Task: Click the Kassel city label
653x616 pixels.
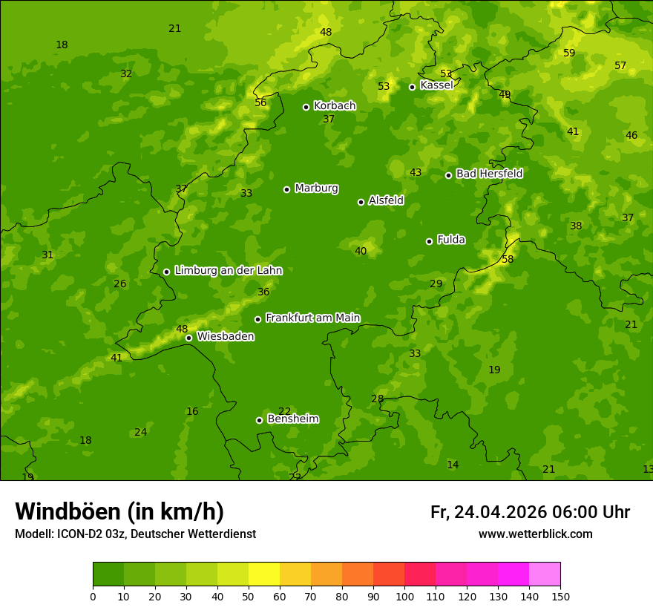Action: (x=436, y=85)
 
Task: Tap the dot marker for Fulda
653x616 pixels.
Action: (x=429, y=241)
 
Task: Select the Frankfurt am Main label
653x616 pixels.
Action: (x=312, y=318)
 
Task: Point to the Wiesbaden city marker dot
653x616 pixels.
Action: (x=188, y=338)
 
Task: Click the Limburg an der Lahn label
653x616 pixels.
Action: (x=228, y=270)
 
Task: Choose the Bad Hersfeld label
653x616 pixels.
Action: (x=489, y=174)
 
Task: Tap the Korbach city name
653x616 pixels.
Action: (x=335, y=105)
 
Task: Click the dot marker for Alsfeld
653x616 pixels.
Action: (x=361, y=202)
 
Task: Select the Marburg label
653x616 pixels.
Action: (x=316, y=188)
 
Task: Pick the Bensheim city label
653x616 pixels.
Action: (x=293, y=419)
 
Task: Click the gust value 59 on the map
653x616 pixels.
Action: (x=569, y=53)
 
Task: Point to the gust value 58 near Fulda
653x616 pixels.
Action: (x=508, y=259)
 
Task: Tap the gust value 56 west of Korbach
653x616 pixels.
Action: (x=260, y=102)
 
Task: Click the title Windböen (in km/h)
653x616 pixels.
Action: (x=119, y=511)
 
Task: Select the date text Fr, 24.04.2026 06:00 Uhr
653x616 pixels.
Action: (x=530, y=512)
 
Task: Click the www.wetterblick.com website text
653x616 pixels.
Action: (x=535, y=534)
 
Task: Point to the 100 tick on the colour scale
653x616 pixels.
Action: (x=404, y=595)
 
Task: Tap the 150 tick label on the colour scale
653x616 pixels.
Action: (x=560, y=595)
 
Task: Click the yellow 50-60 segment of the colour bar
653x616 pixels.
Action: (x=264, y=574)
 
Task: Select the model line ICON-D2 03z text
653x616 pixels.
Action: (x=135, y=534)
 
